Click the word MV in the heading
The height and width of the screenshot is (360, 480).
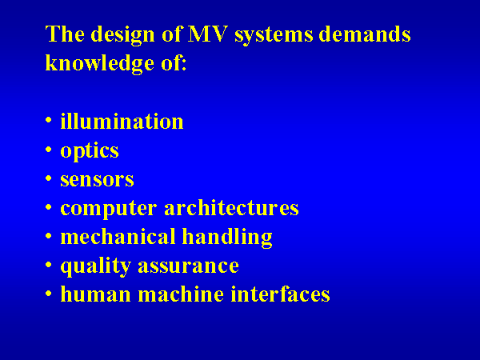(x=208, y=34)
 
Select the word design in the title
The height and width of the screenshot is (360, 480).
(x=123, y=35)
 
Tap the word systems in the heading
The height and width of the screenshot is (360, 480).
(x=274, y=35)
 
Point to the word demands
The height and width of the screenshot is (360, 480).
(x=365, y=34)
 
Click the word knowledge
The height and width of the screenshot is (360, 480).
(x=100, y=64)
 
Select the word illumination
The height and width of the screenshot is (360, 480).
(x=122, y=121)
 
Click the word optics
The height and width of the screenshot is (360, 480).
(x=90, y=151)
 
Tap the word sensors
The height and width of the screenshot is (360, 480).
(x=97, y=180)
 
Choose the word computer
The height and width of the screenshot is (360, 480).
(x=109, y=210)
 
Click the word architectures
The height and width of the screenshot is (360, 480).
(x=231, y=207)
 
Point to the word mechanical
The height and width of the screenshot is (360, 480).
(x=118, y=236)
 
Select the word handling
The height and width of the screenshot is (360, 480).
(x=227, y=238)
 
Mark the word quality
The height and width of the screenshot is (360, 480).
(x=96, y=266)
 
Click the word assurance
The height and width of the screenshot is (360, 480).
(x=188, y=266)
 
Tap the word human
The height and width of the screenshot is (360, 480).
(x=96, y=294)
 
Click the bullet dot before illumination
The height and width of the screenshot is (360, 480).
(x=48, y=120)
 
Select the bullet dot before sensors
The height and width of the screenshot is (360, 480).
(x=48, y=178)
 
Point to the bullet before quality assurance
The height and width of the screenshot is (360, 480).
(x=48, y=264)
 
